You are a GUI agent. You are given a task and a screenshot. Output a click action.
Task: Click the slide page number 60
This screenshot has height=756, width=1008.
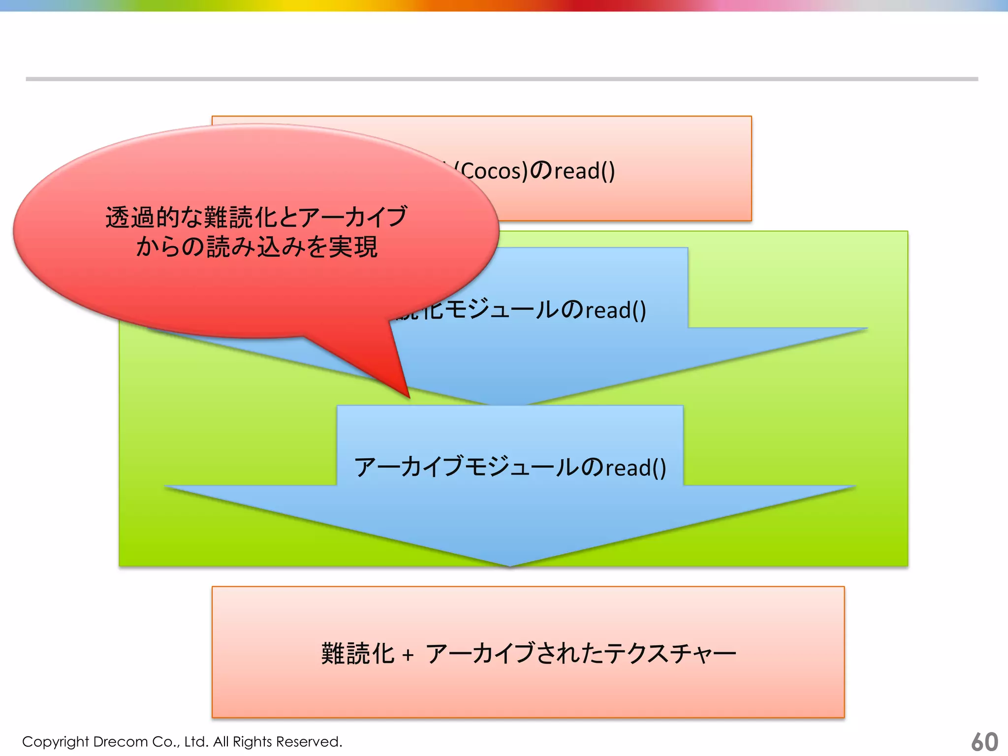(x=984, y=741)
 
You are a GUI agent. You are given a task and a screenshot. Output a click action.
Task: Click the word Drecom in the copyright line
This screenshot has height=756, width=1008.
(x=120, y=741)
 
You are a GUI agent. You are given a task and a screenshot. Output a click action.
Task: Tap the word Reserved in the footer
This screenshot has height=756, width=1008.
(x=308, y=741)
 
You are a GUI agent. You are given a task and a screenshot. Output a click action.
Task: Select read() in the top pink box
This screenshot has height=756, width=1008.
(x=585, y=171)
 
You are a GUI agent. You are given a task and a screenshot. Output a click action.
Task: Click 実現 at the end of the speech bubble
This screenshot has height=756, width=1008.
(x=353, y=247)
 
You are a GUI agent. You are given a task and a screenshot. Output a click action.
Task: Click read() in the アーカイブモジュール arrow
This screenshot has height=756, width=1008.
(x=635, y=468)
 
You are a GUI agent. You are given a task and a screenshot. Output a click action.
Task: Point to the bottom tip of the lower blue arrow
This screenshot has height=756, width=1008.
(x=510, y=565)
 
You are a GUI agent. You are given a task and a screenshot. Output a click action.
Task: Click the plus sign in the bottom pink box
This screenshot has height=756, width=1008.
(x=408, y=655)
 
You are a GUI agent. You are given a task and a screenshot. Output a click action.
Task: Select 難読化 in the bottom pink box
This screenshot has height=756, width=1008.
(x=357, y=654)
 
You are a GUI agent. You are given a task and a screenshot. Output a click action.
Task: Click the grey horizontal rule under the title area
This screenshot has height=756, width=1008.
(x=502, y=79)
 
